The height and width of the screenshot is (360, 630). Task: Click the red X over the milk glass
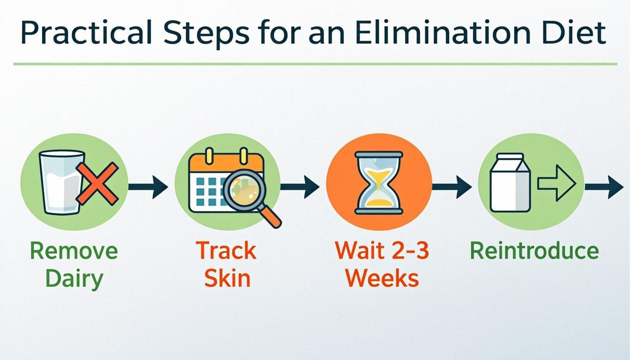[97, 183]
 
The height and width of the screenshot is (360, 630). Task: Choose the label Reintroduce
[534, 251]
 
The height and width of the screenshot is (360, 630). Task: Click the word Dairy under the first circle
[74, 279]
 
